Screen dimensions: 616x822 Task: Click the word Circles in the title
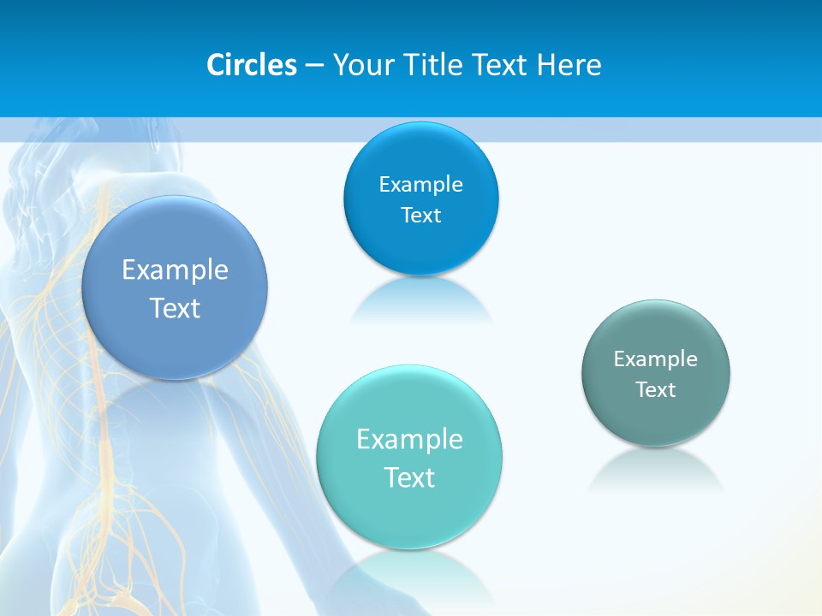[x=251, y=65]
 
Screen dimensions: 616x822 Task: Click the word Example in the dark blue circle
[x=420, y=185]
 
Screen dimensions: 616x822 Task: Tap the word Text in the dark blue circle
[x=420, y=216]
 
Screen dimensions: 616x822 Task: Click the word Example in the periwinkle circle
[x=175, y=270]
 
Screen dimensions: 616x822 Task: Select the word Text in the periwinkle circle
[x=175, y=308]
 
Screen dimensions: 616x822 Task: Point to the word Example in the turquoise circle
[x=409, y=440]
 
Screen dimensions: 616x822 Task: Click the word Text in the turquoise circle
[x=409, y=477]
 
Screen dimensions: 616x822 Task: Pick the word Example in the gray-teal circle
[x=656, y=359]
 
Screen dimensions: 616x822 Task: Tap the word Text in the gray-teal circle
[x=656, y=390]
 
